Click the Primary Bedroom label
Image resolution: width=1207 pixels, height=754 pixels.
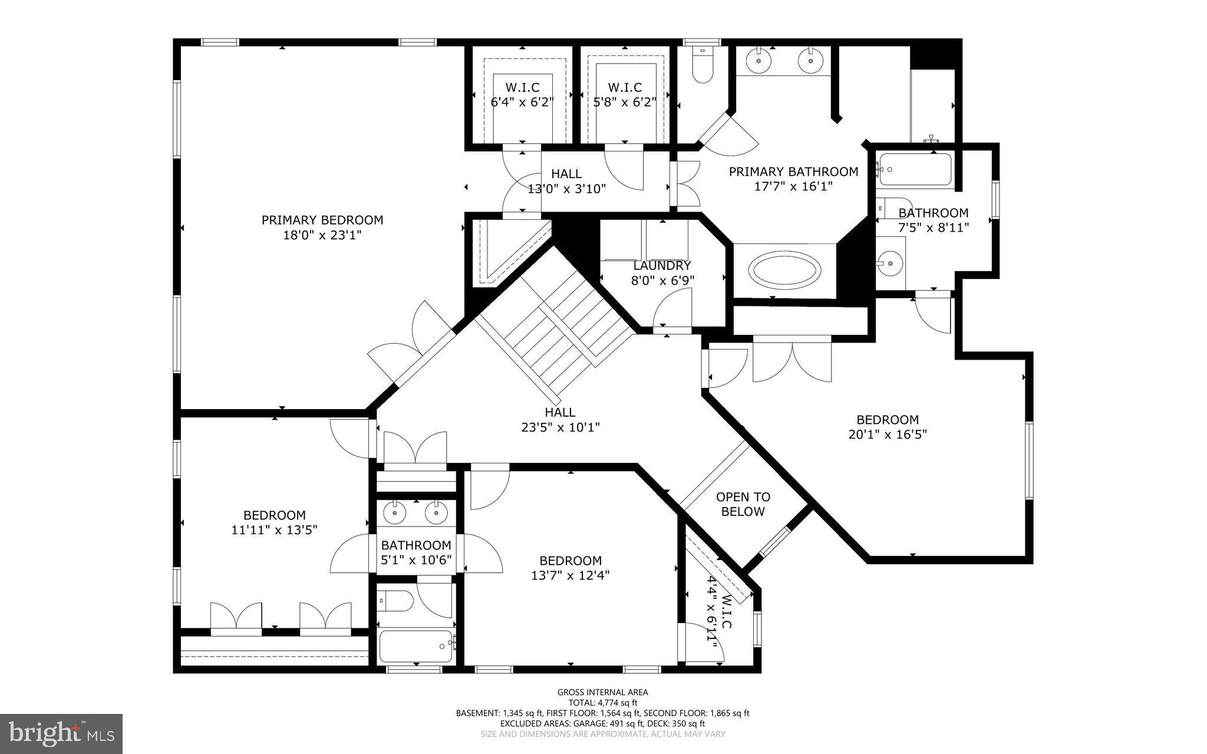(x=322, y=220)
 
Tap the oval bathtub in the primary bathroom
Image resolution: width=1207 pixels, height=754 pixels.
(x=784, y=271)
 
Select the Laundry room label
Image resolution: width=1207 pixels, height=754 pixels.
(x=662, y=266)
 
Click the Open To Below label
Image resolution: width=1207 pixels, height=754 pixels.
(x=743, y=504)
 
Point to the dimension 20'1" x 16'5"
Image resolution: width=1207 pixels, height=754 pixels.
(x=888, y=435)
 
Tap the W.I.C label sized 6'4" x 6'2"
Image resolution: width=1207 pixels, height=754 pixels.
(x=522, y=87)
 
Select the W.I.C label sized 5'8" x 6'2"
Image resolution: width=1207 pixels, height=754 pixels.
(x=625, y=87)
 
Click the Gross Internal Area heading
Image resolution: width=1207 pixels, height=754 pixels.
(x=602, y=692)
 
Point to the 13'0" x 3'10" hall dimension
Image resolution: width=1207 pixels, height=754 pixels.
(x=566, y=189)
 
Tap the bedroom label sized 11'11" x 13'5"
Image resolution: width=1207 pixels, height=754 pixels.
(x=275, y=515)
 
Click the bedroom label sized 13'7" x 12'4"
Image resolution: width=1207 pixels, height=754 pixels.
(x=570, y=561)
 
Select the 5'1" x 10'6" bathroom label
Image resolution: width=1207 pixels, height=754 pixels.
(x=416, y=545)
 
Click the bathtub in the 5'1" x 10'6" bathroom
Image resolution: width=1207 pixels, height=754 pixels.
(x=416, y=646)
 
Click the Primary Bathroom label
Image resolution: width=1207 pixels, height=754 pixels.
(x=793, y=172)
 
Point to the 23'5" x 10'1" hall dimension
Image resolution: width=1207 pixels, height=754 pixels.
(x=560, y=427)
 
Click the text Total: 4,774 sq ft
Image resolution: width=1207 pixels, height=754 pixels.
(x=602, y=703)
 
